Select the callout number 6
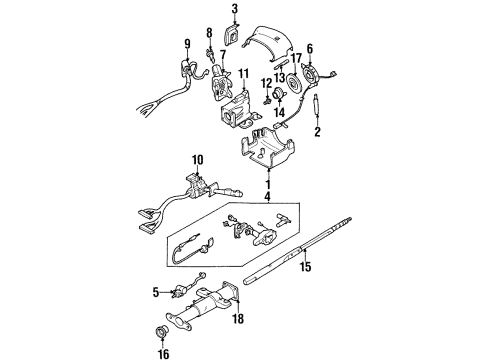click(x=310, y=47)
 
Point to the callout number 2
click(x=318, y=131)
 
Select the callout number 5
click(x=156, y=293)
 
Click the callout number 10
click(x=198, y=159)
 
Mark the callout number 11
click(x=242, y=74)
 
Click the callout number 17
click(x=295, y=59)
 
